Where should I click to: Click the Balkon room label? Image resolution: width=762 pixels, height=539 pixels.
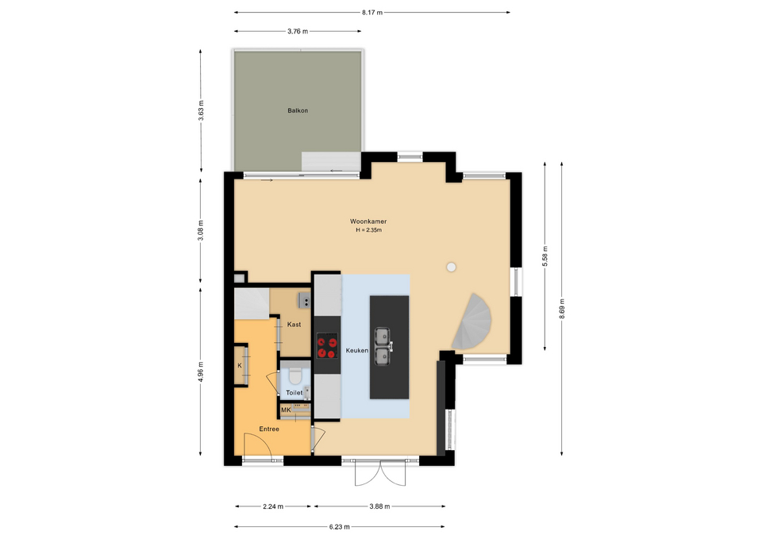click(298, 110)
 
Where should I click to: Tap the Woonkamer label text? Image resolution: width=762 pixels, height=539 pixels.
click(368, 221)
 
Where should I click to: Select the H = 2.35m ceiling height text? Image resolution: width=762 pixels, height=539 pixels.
click(368, 230)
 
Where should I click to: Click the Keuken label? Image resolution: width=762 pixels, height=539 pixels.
click(356, 350)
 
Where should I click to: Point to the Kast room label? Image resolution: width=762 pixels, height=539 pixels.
click(294, 324)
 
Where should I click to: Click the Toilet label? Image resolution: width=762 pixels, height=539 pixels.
click(294, 392)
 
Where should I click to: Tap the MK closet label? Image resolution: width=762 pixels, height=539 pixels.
click(286, 410)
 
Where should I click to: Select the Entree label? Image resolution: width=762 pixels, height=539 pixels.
click(269, 429)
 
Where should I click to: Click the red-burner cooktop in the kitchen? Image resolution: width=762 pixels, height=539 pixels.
click(327, 345)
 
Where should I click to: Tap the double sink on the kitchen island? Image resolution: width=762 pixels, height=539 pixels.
click(382, 346)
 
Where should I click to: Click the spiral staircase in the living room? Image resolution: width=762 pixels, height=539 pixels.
click(472, 321)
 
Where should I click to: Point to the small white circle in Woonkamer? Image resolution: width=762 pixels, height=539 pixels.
click(452, 267)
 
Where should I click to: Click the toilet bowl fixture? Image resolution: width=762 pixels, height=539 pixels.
click(295, 375)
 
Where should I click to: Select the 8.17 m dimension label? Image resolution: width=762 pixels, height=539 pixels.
click(372, 12)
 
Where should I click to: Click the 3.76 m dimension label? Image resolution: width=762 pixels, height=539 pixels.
click(298, 31)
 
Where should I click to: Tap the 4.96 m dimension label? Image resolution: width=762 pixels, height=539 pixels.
click(201, 372)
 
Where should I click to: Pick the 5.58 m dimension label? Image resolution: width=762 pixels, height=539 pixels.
click(545, 256)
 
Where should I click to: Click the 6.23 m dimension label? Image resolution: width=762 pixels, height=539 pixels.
click(339, 526)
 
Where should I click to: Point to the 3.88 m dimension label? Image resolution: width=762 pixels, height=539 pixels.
click(379, 506)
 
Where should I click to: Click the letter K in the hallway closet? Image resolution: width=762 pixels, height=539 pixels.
click(240, 365)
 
